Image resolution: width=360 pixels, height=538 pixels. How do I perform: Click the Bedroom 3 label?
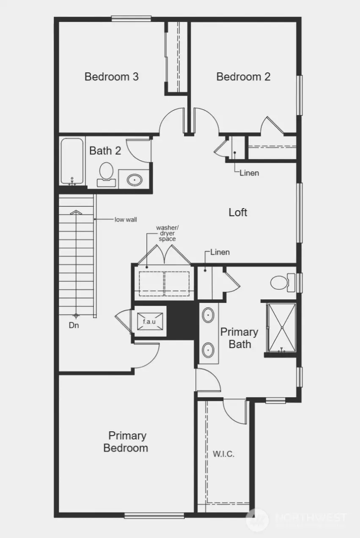coord(111,77)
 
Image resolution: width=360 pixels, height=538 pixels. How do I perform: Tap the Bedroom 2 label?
coord(243,77)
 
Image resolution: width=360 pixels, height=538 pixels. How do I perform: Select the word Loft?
coord(238,212)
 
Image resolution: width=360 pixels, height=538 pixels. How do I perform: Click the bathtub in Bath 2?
coord(72,162)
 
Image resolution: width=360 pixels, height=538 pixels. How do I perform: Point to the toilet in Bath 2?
coord(106,174)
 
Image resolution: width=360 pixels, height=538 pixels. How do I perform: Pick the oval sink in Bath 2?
coord(135,179)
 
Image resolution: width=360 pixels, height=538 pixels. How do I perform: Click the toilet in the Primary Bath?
coord(282,282)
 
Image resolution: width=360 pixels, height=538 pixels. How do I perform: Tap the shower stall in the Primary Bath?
coord(281,327)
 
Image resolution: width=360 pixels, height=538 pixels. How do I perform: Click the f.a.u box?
coord(149,321)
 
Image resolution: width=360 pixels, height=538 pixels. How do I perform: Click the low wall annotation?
coord(126,220)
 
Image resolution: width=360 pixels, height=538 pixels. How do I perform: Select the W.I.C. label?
coord(223,454)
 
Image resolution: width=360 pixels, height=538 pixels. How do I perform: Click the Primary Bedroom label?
coord(126,442)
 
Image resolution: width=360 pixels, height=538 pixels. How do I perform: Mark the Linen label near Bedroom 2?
coord(249,173)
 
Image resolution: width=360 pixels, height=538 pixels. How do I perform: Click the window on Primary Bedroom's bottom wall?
coord(154,515)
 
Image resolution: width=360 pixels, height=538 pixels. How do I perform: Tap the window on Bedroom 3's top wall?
coord(131,18)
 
